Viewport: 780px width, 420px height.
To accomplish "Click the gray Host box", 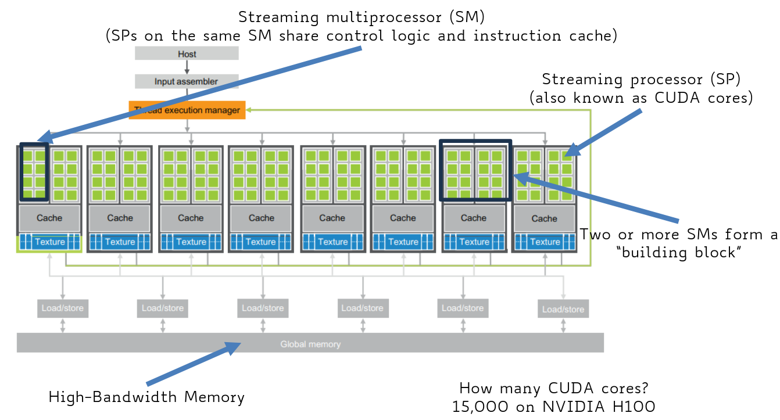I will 187,53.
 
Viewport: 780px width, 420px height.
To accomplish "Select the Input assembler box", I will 187,81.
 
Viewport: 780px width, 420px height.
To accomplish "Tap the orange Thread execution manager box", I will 187,110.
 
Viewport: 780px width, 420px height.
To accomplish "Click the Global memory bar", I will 310,344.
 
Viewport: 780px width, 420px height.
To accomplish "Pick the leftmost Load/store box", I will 63,308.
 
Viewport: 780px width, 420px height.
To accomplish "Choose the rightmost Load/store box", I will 563,309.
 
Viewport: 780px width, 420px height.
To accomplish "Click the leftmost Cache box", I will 49,218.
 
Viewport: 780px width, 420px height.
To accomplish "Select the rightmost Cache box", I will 544,218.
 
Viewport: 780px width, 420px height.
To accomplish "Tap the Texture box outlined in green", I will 50,242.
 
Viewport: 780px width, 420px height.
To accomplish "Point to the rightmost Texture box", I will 545,242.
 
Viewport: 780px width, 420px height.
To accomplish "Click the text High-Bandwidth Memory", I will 146,397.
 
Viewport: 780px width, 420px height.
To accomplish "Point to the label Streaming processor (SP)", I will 642,78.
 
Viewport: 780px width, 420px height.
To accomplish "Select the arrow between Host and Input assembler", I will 187,67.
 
